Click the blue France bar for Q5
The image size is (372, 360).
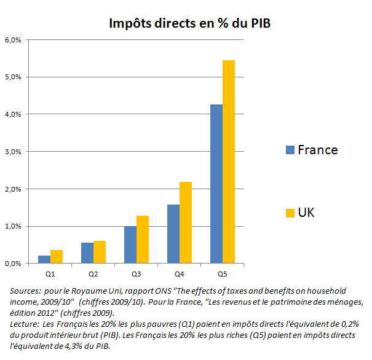(x=216, y=184)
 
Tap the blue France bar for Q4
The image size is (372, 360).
(x=173, y=234)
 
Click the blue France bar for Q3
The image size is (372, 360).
(x=130, y=245)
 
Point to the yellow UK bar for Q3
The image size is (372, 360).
(x=142, y=240)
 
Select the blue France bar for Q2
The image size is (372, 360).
(x=87, y=253)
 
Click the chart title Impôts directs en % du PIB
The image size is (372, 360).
(x=189, y=23)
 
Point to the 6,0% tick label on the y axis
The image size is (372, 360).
(x=14, y=40)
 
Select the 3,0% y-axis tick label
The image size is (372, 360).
(x=14, y=152)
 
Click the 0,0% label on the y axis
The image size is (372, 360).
(x=14, y=264)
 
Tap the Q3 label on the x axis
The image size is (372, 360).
(x=136, y=272)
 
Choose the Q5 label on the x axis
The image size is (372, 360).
(x=222, y=272)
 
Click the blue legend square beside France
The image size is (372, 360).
(x=290, y=150)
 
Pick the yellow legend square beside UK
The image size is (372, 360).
(x=290, y=213)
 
